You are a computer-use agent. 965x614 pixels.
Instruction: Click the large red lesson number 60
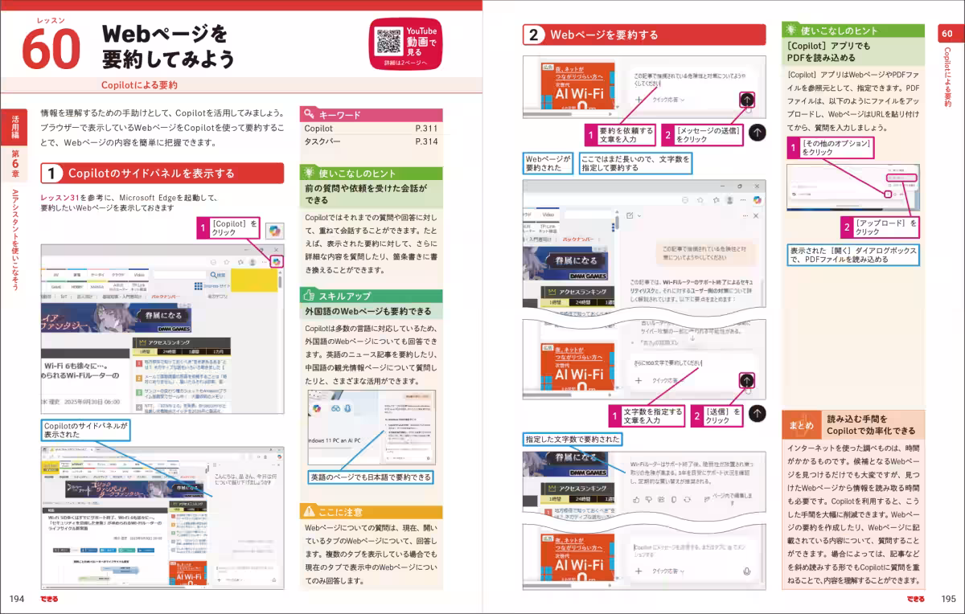tap(51, 49)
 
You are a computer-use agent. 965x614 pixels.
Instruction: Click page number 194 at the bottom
tap(17, 599)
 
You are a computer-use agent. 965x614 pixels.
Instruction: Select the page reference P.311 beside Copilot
tap(426, 129)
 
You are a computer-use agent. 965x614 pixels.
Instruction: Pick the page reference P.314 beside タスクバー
tap(426, 142)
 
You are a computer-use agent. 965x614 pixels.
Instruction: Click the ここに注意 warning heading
tap(341, 511)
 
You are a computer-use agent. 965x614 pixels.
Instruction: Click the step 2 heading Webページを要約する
tap(603, 35)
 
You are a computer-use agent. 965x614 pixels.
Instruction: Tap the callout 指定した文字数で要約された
tap(573, 440)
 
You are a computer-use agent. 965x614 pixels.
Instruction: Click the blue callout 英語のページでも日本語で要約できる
tap(371, 477)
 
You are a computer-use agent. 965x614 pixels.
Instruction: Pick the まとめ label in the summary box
tap(801, 425)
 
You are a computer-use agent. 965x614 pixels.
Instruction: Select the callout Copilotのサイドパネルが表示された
tap(84, 430)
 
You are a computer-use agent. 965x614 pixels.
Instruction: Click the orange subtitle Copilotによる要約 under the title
tap(140, 84)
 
